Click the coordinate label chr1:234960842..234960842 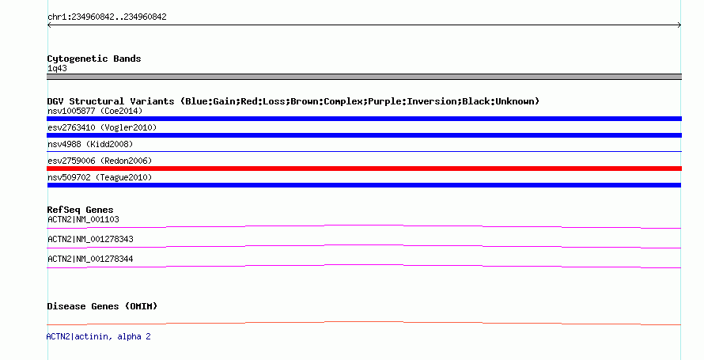tap(107, 17)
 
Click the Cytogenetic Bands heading tap(94, 59)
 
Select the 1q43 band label tap(57, 68)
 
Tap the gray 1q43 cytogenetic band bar tap(364, 77)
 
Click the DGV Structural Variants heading tap(293, 101)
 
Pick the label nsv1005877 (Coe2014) tap(95, 111)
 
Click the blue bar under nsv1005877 tap(364, 119)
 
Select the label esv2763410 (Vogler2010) tap(102, 127)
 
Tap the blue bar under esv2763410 tap(364, 135)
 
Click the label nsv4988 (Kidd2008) tap(90, 144)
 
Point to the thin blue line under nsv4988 tap(364, 152)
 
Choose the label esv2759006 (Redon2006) tap(100, 161)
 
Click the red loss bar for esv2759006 tap(364, 169)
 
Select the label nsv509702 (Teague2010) tap(100, 177)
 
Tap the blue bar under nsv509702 tap(364, 185)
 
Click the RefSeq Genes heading tap(80, 210)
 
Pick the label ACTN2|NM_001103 tap(83, 219)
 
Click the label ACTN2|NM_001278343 tap(90, 239)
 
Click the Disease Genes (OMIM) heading tap(102, 306)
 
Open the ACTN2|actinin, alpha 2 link tap(98, 336)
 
